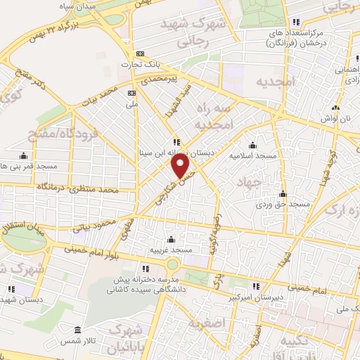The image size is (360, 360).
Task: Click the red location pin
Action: point(181,166)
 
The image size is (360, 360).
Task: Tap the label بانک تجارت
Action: point(141,65)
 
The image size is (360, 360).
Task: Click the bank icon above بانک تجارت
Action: point(141,53)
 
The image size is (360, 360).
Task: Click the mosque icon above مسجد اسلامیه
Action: point(252,145)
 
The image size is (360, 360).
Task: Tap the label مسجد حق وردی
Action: point(283,204)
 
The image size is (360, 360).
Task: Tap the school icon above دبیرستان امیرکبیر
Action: point(257,285)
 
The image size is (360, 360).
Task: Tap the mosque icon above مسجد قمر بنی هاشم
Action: point(25,156)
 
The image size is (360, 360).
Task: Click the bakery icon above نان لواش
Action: point(335,108)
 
